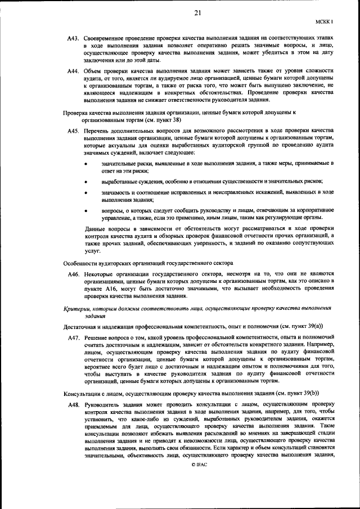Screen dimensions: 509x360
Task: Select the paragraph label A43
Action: pos(74,37)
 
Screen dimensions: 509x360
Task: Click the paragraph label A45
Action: pos(74,130)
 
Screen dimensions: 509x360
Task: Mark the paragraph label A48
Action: pos(74,404)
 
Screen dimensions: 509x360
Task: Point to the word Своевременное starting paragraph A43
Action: pos(109,37)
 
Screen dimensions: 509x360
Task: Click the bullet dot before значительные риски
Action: pos(85,164)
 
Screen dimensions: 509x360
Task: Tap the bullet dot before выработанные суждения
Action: pos(85,182)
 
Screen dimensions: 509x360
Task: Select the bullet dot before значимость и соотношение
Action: pos(85,193)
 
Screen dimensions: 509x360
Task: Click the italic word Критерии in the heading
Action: pos(79,308)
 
